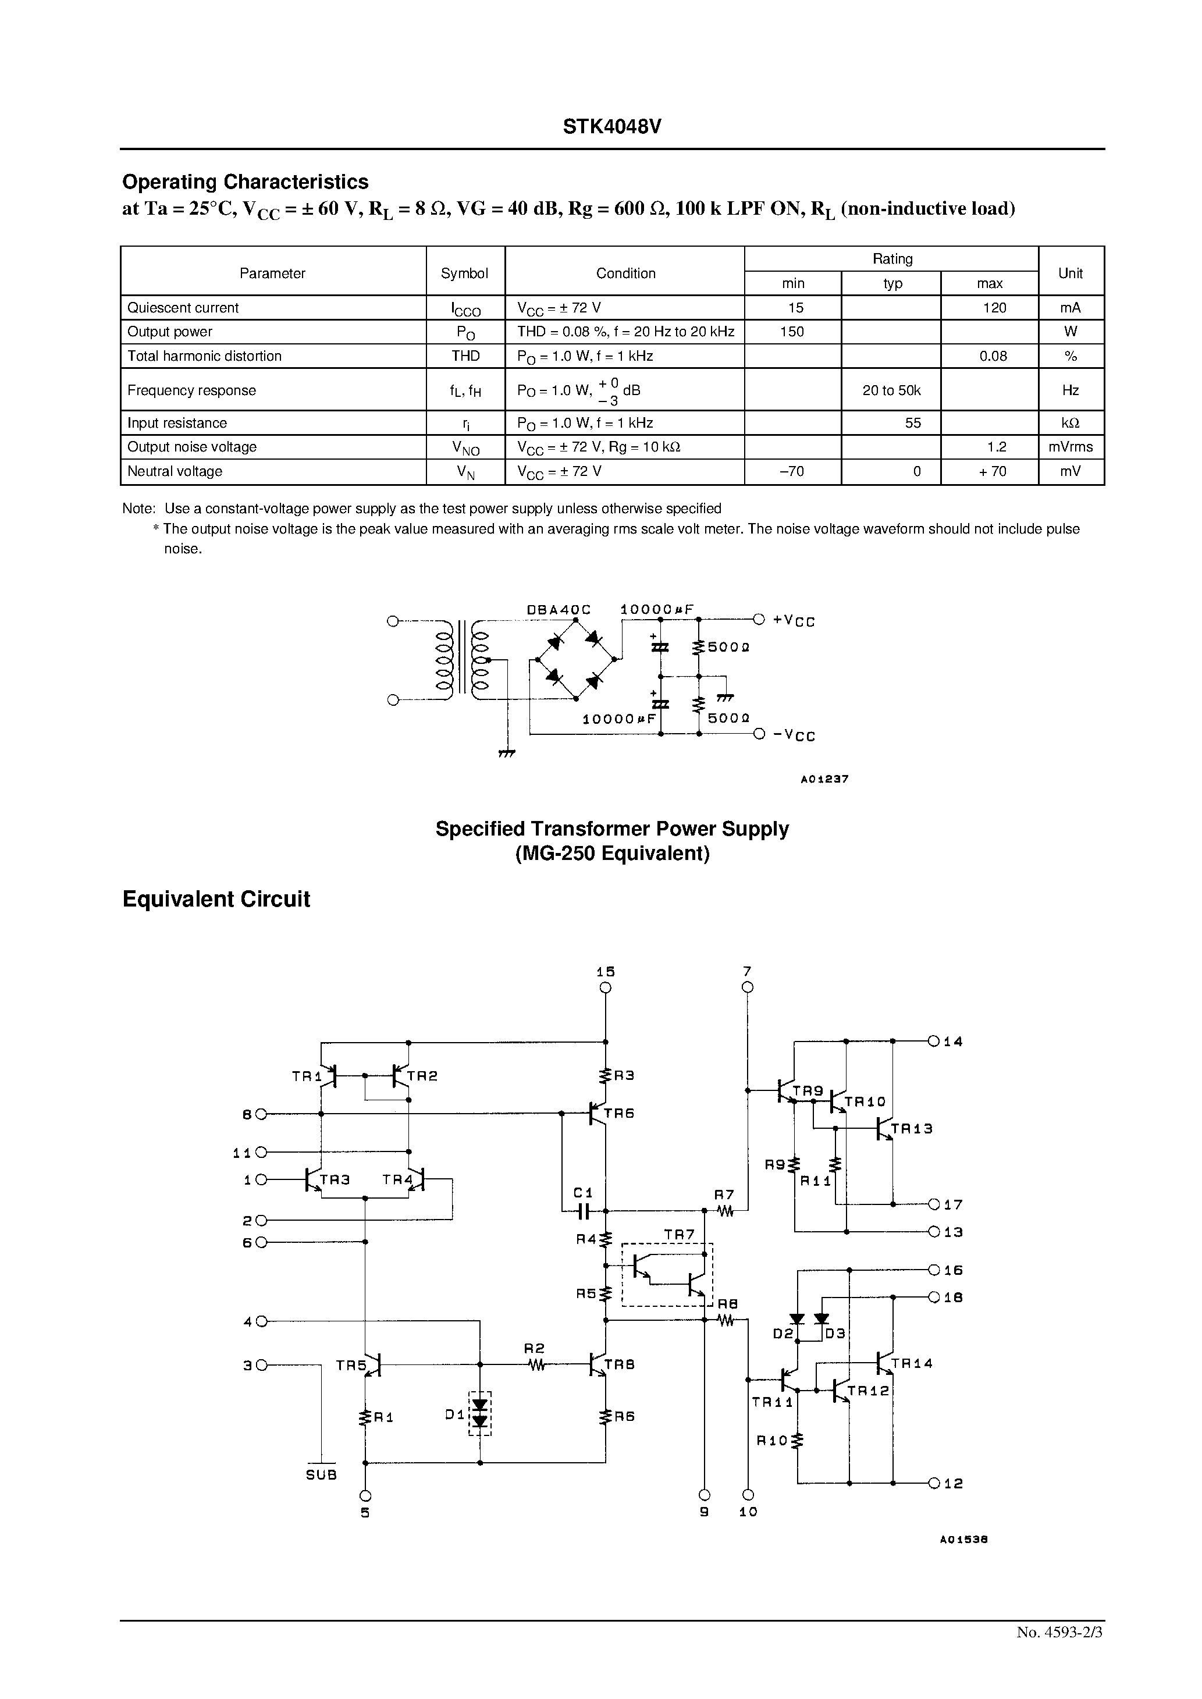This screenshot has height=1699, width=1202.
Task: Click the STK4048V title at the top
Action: [611, 126]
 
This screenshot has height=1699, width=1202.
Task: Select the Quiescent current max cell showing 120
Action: [994, 308]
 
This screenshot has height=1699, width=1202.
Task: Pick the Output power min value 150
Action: [792, 332]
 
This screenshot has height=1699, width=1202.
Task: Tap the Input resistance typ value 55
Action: [913, 422]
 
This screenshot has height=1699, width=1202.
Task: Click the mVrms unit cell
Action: [1071, 447]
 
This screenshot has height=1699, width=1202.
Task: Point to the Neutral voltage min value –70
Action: [792, 471]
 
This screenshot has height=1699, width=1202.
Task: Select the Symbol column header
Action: [464, 273]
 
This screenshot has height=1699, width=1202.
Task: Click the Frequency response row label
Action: [191, 390]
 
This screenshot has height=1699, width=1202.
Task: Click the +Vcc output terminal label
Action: [794, 620]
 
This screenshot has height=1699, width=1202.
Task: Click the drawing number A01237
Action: [824, 779]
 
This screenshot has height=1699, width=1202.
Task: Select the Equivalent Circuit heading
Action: [215, 899]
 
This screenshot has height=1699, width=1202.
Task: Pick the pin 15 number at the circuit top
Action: [606, 972]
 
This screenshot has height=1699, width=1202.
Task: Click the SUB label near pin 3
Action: [321, 1475]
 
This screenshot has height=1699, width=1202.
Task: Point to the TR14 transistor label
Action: [911, 1364]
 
